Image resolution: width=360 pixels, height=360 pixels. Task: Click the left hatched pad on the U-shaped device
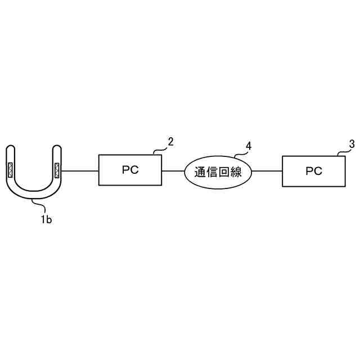coord(10,169)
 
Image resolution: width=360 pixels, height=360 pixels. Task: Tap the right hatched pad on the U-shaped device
coord(57,169)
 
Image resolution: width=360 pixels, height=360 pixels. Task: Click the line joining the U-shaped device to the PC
coord(80,170)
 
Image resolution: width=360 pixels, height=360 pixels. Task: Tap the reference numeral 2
coord(171,141)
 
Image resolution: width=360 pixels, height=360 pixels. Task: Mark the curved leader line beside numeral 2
coord(161,149)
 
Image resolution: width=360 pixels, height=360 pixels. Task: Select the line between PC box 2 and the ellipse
coord(173,170)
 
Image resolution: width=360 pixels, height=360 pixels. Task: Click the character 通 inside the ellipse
coord(200,172)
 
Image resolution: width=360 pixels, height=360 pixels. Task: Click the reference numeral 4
coord(249,146)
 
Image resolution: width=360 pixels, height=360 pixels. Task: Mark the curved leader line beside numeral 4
coord(240,154)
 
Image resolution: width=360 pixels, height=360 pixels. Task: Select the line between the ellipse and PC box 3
coord(267,170)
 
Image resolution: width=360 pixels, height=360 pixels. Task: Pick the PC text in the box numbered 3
coord(314,170)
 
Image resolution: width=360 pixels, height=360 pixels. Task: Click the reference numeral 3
coord(352,143)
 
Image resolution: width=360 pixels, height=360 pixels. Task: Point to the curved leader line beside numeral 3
coord(342,151)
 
